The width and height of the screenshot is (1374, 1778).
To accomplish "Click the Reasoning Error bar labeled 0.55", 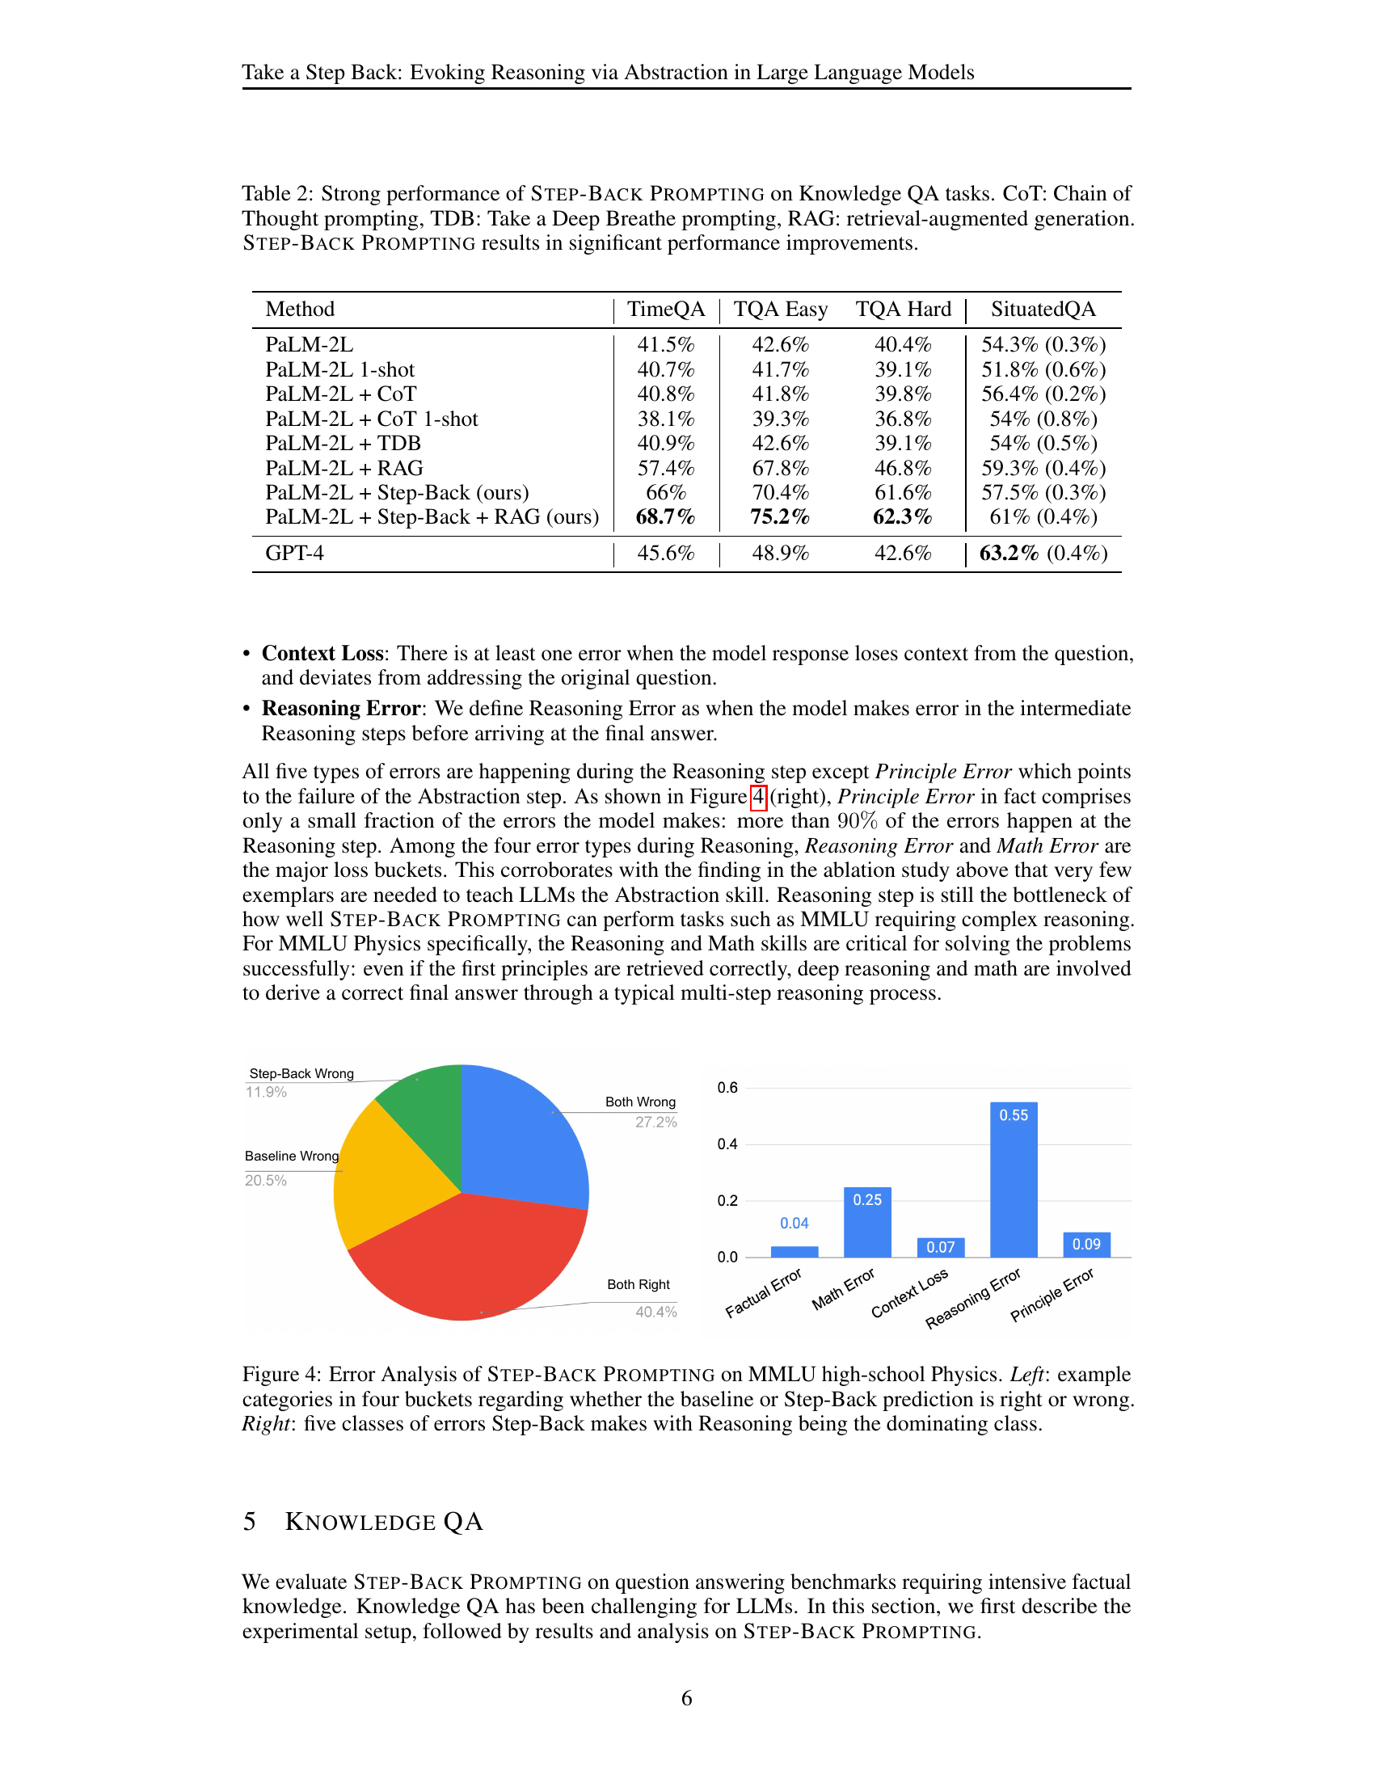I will tap(1014, 1181).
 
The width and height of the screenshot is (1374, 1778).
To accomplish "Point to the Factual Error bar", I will tap(794, 1251).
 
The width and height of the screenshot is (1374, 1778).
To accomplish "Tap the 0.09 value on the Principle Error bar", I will tap(1085, 1244).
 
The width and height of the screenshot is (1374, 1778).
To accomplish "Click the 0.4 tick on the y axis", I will tap(727, 1144).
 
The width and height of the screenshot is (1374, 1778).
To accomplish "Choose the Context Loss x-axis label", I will tap(909, 1293).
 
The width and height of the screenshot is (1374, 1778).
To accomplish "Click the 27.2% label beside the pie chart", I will tap(656, 1122).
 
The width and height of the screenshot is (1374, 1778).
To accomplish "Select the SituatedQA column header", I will tap(1043, 310).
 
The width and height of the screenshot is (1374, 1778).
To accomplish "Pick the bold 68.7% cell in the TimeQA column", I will tap(665, 517).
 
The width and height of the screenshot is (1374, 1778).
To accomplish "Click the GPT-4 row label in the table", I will tap(295, 554).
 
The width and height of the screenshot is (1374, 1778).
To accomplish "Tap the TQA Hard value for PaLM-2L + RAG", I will tap(903, 468).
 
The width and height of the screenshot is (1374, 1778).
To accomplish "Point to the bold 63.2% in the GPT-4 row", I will tap(1009, 554).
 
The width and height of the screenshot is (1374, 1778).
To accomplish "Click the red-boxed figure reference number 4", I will tap(758, 796).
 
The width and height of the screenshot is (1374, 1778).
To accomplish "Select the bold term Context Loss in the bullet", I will tap(322, 654).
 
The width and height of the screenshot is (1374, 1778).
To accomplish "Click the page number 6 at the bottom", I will tap(686, 1698).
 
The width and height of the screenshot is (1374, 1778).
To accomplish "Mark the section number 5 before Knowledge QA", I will tap(249, 1522).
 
